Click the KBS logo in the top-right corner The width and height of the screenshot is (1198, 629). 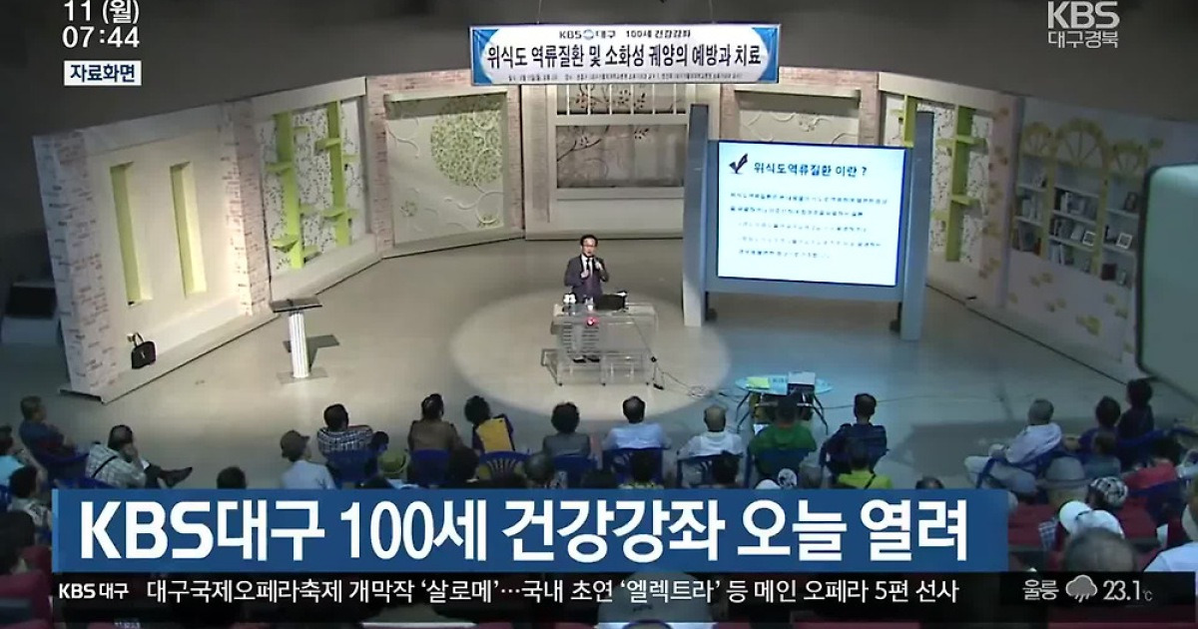[x=1083, y=16]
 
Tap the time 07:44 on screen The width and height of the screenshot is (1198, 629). [x=101, y=38]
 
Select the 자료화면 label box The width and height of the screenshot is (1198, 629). [x=103, y=73]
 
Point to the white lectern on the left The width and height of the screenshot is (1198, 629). [x=298, y=335]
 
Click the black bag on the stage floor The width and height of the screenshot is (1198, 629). [x=142, y=350]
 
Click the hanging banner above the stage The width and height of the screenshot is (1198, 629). [x=624, y=54]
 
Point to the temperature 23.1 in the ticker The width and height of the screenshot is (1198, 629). [x=1126, y=590]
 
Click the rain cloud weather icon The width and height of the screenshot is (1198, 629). [x=1080, y=589]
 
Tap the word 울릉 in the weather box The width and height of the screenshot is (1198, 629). [x=1041, y=590]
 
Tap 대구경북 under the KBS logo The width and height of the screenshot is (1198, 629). [x=1083, y=40]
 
